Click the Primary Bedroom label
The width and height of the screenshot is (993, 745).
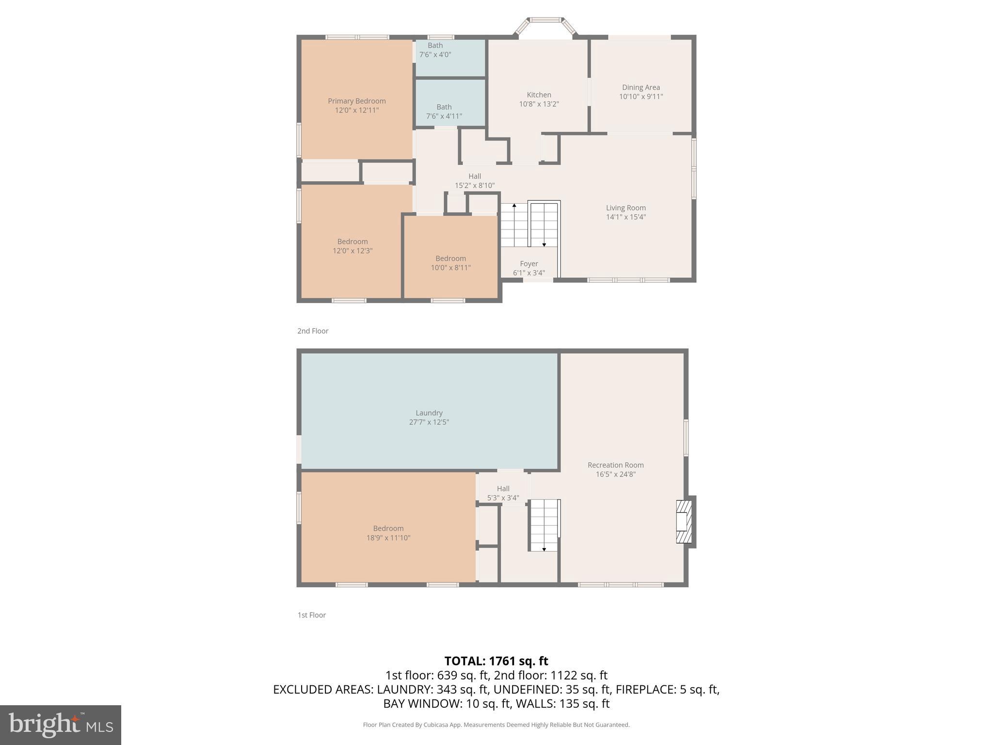pos(356,101)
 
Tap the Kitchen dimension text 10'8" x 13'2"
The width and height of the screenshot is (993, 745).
pos(539,104)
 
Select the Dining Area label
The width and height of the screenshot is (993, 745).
pos(641,87)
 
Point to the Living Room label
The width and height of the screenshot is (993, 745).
pos(625,208)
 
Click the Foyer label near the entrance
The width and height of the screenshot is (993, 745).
pos(529,264)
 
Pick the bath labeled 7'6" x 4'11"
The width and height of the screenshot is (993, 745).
pos(444,112)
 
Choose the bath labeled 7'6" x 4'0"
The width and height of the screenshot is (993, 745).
pos(435,50)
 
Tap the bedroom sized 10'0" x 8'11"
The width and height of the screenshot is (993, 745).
pos(450,263)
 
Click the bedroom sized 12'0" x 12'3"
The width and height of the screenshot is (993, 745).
pos(352,246)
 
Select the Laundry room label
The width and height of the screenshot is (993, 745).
pos(429,413)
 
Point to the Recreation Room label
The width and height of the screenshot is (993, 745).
pos(615,465)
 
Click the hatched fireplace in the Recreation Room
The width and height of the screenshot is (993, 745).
pos(684,521)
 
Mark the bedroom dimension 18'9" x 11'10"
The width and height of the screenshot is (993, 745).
pos(388,537)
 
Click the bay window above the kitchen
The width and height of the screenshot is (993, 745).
pos(545,22)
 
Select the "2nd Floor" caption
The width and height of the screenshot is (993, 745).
pos(313,331)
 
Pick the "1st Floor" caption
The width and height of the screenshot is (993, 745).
pos(311,615)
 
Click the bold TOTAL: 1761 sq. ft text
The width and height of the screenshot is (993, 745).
pos(496,661)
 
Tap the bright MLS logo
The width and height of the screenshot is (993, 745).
pos(60,725)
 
